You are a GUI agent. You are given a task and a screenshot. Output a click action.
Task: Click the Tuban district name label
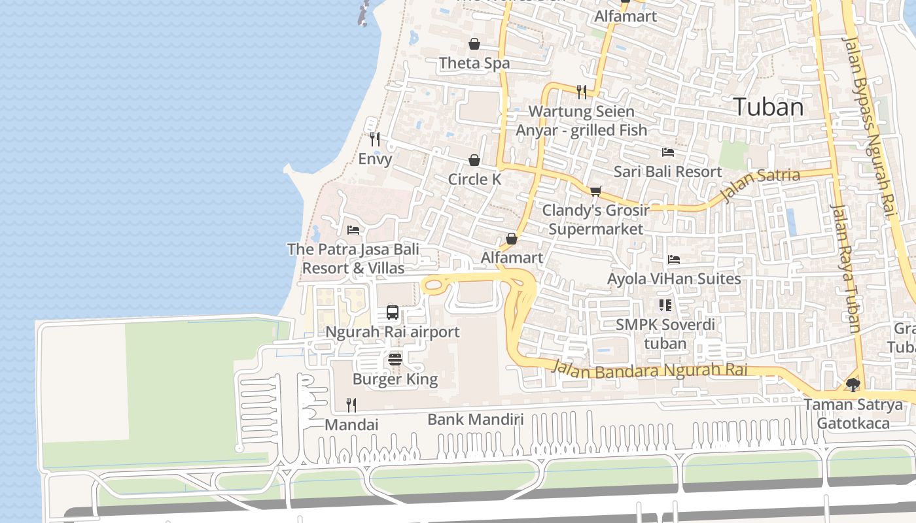click(x=768, y=107)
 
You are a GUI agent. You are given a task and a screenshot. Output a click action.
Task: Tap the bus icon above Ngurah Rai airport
click(x=393, y=312)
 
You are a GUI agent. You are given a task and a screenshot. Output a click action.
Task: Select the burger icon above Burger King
click(x=395, y=359)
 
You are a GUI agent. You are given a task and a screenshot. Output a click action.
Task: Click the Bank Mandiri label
click(x=476, y=419)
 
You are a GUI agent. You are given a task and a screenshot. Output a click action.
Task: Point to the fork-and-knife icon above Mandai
click(x=351, y=405)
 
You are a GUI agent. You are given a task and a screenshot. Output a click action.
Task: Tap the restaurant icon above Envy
click(x=375, y=139)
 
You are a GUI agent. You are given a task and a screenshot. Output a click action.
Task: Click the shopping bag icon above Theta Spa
click(x=474, y=44)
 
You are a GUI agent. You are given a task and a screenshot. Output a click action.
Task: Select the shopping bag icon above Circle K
click(x=474, y=160)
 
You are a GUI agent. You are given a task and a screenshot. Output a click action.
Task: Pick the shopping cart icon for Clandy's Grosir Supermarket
click(x=595, y=191)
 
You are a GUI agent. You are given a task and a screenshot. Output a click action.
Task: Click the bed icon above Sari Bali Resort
click(x=667, y=152)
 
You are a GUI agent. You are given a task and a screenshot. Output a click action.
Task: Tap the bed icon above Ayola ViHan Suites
click(x=673, y=260)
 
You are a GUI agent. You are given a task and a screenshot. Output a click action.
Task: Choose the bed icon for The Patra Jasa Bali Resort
click(x=353, y=230)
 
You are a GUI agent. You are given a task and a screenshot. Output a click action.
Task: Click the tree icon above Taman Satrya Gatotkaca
click(x=853, y=384)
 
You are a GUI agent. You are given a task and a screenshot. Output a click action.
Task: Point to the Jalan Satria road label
click(x=760, y=184)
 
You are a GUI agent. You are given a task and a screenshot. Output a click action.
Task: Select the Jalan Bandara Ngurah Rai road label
click(x=649, y=369)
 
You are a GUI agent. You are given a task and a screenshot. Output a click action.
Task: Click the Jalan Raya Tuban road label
click(x=845, y=268)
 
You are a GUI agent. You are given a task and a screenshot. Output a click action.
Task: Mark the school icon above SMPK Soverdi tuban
click(x=665, y=305)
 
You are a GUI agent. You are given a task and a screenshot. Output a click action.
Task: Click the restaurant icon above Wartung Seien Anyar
click(x=582, y=92)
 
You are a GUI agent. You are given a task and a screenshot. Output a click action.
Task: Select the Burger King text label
click(x=395, y=379)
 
